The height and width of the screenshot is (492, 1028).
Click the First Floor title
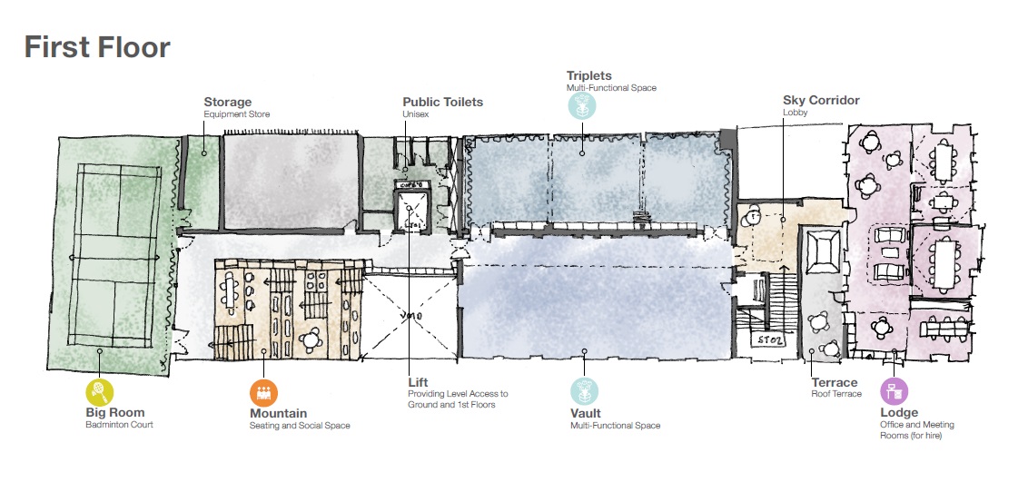click(x=97, y=46)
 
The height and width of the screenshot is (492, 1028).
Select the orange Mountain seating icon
click(x=263, y=392)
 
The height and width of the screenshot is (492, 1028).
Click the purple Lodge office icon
click(x=894, y=392)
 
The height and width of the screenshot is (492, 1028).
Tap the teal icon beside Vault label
click(x=584, y=392)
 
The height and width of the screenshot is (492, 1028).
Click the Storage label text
click(x=227, y=103)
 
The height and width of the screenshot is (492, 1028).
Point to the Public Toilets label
click(x=442, y=103)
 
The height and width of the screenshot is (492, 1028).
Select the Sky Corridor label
click(x=820, y=100)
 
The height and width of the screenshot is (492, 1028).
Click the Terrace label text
click(x=834, y=383)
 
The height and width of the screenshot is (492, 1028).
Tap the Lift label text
click(x=418, y=383)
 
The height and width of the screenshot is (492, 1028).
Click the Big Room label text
click(x=114, y=413)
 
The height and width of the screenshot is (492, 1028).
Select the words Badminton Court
click(x=120, y=425)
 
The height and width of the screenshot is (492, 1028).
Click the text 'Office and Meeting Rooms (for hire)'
click(x=916, y=430)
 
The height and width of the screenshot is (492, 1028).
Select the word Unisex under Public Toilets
click(x=415, y=114)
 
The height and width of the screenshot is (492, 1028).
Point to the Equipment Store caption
click(x=236, y=114)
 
